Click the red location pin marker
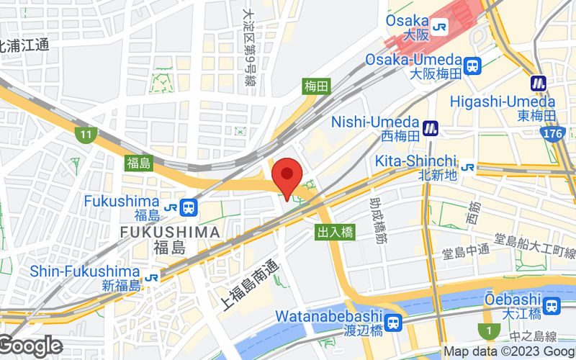pos(289,175)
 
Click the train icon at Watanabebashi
pos(393,323)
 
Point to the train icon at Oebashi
pos(552,305)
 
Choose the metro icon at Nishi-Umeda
pos(431,127)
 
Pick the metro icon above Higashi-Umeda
pos(539,84)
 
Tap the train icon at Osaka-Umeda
pos(473,66)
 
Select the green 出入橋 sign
pos(335,232)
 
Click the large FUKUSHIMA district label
pos(170,232)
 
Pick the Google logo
pos(30,346)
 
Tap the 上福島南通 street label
pos(249,284)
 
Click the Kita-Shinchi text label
pos(416,160)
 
